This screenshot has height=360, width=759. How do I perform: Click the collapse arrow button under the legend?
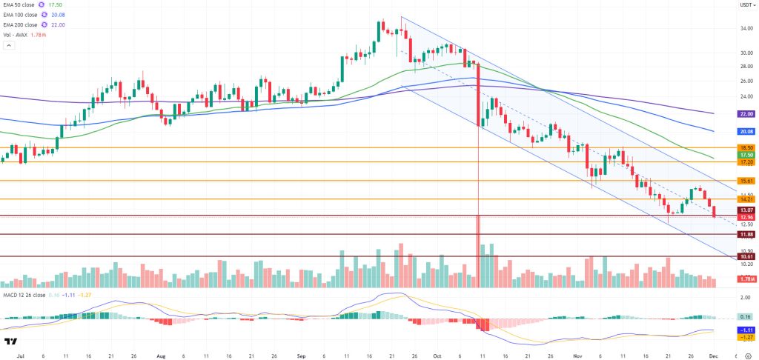9,46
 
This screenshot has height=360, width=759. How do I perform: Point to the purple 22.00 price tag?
746,114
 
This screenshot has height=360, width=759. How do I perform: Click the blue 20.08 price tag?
746,131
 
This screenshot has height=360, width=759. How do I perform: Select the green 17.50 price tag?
746,155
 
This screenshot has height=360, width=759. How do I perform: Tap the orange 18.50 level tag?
746,148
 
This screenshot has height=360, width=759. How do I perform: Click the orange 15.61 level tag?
746,181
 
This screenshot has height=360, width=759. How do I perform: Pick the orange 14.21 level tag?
746,199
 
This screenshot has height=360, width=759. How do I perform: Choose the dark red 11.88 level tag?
746,234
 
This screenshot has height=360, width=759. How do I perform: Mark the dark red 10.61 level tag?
746,256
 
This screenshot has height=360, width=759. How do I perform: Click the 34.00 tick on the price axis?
746,30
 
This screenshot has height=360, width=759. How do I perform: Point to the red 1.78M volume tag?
746,279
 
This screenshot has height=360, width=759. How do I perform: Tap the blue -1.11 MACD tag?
746,329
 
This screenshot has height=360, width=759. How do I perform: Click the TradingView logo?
10,341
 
